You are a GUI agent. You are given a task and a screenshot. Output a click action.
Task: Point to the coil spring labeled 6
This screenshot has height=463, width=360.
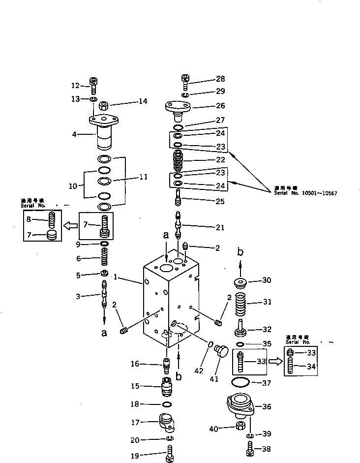point(104,258)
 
